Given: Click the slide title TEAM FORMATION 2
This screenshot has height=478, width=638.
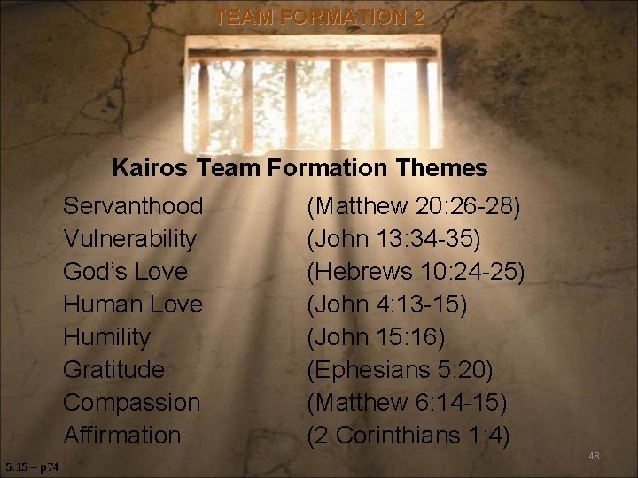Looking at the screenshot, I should [319, 17].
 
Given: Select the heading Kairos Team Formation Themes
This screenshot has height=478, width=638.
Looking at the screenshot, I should [300, 167].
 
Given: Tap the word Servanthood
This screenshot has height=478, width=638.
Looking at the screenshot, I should [133, 206].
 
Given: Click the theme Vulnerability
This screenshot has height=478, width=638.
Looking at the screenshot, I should [130, 239].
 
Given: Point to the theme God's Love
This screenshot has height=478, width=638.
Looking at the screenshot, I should [125, 272].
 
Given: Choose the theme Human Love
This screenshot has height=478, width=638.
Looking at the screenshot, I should [133, 305].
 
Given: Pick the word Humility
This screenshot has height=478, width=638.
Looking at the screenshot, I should [106, 337].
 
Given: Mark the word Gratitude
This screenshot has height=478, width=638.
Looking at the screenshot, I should [113, 369].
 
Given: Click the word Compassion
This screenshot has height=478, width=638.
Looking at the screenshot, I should [131, 402].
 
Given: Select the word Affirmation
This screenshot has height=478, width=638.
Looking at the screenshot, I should [121, 435].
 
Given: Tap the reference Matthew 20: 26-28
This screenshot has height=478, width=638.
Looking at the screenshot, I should [414, 206].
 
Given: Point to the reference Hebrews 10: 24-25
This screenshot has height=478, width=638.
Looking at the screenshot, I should [416, 272].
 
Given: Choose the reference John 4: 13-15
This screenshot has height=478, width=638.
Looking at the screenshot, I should [386, 305].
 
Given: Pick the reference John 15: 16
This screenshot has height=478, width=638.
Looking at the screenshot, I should [376, 337].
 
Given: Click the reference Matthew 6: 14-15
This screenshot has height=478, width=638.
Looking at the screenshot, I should [407, 402].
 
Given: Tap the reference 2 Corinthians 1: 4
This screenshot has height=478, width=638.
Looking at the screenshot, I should [408, 435].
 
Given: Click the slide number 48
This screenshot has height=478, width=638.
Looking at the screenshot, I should [594, 456].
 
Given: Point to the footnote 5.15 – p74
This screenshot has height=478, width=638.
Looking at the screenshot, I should [32, 467].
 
